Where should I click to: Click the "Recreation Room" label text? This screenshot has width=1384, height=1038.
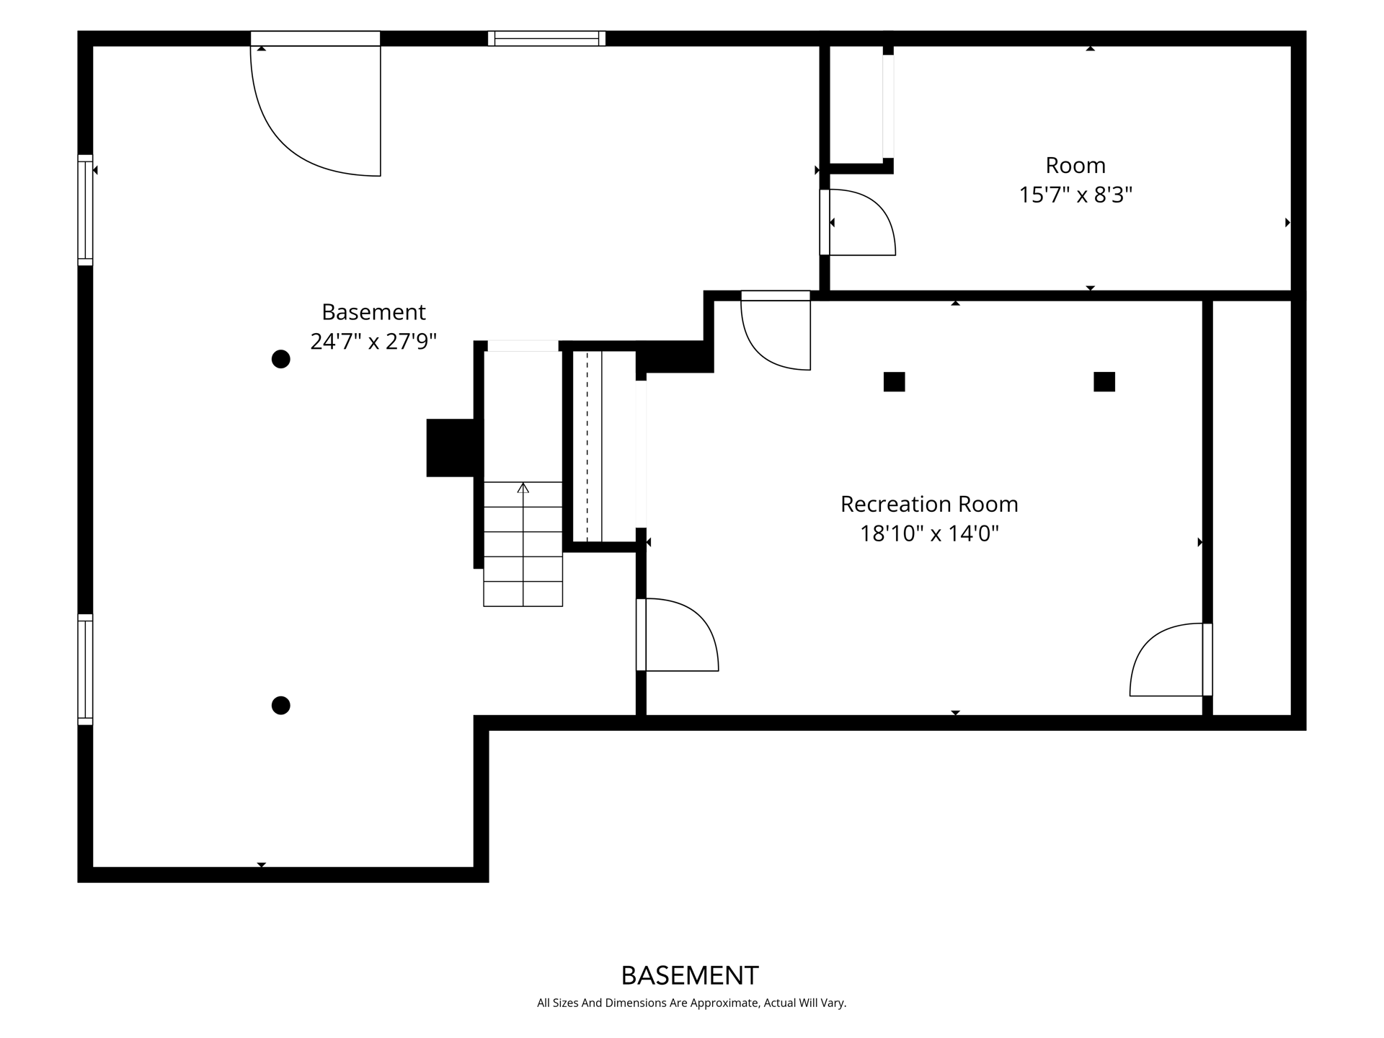(x=929, y=504)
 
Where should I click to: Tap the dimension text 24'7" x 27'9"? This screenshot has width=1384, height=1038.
(x=373, y=341)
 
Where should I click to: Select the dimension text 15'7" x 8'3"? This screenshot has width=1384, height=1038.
(x=1075, y=195)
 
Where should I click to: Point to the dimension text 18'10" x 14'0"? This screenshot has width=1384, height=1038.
(x=929, y=533)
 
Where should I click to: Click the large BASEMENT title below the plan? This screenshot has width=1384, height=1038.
(x=690, y=975)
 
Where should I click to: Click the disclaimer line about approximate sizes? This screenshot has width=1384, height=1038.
(x=691, y=1003)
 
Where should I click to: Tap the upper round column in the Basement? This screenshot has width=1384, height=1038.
(x=281, y=359)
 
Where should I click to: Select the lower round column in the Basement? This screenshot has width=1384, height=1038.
(x=281, y=706)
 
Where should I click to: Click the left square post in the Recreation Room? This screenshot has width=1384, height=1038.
(x=894, y=382)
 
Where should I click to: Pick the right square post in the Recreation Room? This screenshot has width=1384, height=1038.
(x=1104, y=382)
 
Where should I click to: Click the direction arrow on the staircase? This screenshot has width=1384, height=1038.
(x=523, y=489)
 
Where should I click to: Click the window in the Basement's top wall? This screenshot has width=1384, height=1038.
(x=546, y=38)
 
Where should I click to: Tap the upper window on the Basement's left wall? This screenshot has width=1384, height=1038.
(x=85, y=210)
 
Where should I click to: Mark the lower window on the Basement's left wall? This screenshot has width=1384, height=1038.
(x=85, y=670)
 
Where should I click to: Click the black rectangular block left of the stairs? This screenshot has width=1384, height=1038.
(x=454, y=448)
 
